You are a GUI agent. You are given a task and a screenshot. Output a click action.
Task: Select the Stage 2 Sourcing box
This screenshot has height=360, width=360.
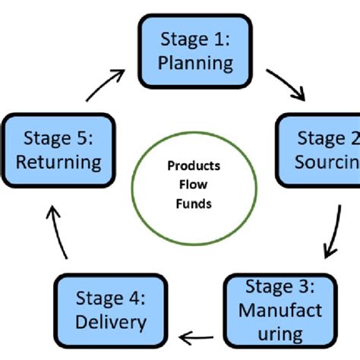(x=317, y=150)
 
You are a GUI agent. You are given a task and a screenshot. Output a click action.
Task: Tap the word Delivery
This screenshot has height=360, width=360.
(x=111, y=323)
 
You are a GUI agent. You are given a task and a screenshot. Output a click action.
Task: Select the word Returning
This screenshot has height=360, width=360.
(x=59, y=162)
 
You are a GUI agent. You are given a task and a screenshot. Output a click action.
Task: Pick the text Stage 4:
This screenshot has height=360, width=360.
(x=111, y=298)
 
